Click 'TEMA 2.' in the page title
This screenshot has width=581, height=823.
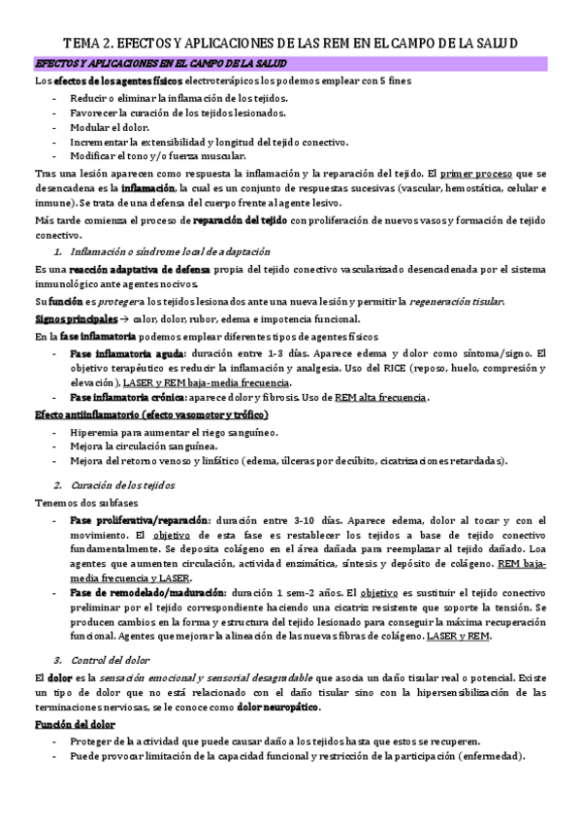coord(90,44)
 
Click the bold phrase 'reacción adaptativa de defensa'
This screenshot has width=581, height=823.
coord(123,268)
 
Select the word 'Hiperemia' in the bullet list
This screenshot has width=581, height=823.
coord(96,432)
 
